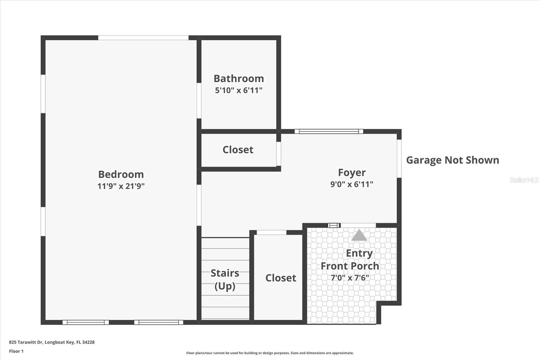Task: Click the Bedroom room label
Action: [x=121, y=174]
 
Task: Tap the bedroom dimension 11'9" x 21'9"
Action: [x=121, y=186]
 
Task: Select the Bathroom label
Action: [x=239, y=78]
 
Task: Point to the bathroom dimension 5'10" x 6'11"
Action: [x=239, y=90]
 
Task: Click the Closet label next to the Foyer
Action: [x=238, y=150]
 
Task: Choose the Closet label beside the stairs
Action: [x=280, y=278]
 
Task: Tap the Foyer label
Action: [x=352, y=173]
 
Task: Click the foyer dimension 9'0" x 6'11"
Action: [x=352, y=184]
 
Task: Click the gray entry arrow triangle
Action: [x=359, y=236]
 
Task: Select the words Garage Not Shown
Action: [x=452, y=160]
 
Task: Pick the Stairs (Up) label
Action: [x=225, y=279]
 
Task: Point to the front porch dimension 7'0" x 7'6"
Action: [x=350, y=278]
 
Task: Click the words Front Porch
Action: [x=350, y=266]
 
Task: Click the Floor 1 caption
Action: [x=16, y=351]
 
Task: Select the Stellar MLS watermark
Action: [x=524, y=180]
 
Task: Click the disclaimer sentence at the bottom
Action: [x=270, y=353]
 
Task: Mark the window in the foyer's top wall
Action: [x=329, y=131]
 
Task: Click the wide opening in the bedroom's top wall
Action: [x=143, y=38]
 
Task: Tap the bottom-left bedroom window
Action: [x=86, y=322]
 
